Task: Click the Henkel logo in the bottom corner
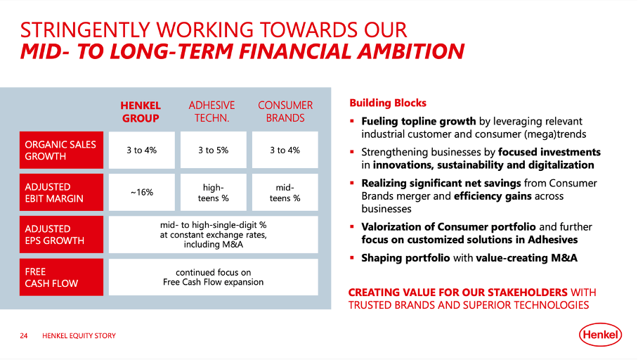click(601, 335)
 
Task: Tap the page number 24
click(23, 336)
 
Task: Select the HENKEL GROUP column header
click(141, 112)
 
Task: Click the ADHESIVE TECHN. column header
click(211, 112)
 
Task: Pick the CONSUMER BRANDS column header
click(285, 112)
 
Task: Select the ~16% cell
click(141, 193)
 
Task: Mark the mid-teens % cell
click(285, 193)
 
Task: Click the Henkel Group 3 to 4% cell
click(141, 150)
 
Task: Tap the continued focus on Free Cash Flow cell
click(214, 277)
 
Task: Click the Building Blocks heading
click(387, 103)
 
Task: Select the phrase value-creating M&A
click(526, 258)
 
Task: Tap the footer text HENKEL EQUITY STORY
click(79, 336)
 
